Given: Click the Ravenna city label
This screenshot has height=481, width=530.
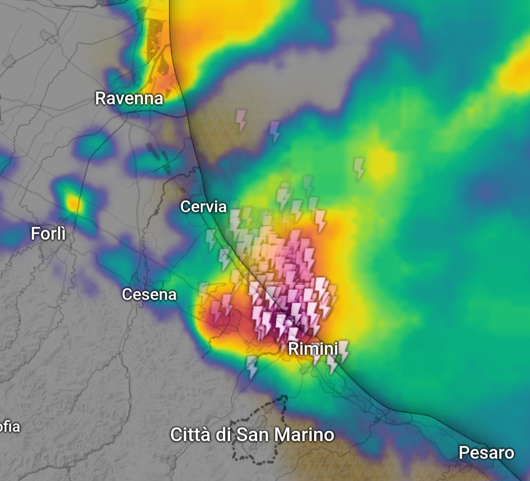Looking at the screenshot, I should pyautogui.click(x=129, y=98).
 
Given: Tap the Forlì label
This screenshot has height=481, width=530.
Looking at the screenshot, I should pyautogui.click(x=48, y=233).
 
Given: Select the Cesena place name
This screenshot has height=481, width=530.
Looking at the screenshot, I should pyautogui.click(x=149, y=294).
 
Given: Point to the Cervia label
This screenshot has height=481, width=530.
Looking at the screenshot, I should pyautogui.click(x=203, y=206).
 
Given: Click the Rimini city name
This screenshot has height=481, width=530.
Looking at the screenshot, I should pyautogui.click(x=313, y=349).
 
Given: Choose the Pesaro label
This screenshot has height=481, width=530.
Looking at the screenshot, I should pyautogui.click(x=486, y=453).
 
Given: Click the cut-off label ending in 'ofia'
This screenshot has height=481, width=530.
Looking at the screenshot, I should pyautogui.click(x=10, y=426).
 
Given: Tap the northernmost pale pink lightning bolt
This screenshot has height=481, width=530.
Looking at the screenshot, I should pyautogui.click(x=241, y=119).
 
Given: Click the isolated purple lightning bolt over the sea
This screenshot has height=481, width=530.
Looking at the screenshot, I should pyautogui.click(x=275, y=131).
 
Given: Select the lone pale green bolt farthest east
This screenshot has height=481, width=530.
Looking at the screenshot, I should pyautogui.click(x=359, y=168).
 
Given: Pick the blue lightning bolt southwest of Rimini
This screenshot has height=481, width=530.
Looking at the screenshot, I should pyautogui.click(x=252, y=367).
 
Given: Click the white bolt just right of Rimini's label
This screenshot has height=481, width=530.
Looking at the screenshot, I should pyautogui.click(x=344, y=350).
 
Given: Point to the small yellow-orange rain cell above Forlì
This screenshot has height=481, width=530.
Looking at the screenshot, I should pyautogui.click(x=74, y=203).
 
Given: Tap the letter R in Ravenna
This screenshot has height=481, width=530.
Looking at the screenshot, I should pyautogui.click(x=101, y=98).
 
